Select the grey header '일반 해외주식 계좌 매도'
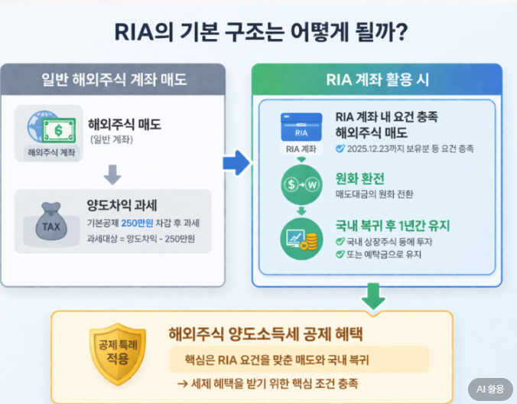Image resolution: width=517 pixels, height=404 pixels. pyautogui.click(x=114, y=79)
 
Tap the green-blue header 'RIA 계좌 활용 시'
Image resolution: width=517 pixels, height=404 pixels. pyautogui.click(x=376, y=79)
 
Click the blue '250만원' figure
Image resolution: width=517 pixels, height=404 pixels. pyautogui.click(x=135, y=223)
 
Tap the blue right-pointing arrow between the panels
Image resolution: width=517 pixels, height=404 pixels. pyautogui.click(x=236, y=162)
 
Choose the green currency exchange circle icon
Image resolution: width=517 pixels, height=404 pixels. pyautogui.click(x=301, y=184)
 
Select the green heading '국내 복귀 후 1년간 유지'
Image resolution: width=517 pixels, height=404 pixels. pyautogui.click(x=392, y=226)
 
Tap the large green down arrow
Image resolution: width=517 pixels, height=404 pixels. pyautogui.click(x=374, y=295)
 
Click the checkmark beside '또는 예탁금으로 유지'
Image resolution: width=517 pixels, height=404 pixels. pyautogui.click(x=340, y=255)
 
